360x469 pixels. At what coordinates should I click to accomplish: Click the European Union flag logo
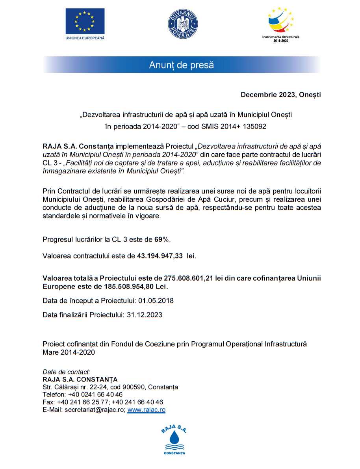(x=85, y=21)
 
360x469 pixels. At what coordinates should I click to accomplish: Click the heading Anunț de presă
(x=181, y=65)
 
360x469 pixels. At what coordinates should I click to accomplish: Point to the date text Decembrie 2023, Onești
(x=281, y=95)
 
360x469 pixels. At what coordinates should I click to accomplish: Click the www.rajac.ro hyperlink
(x=146, y=410)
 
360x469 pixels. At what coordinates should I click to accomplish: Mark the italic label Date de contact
(x=66, y=372)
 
